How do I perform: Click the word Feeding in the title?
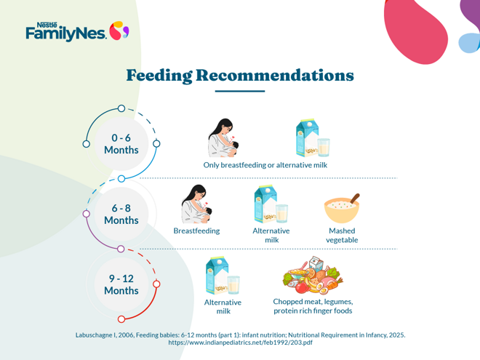pyautogui.click(x=159, y=75)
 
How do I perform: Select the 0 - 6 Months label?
pyautogui.click(x=121, y=143)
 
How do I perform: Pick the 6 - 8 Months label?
pyautogui.click(x=121, y=214)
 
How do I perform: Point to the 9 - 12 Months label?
pyautogui.click(x=121, y=284)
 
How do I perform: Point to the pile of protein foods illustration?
pyautogui.click(x=312, y=274)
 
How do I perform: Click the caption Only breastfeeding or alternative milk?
pyautogui.click(x=265, y=165)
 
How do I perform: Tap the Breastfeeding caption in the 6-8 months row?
pyautogui.click(x=196, y=231)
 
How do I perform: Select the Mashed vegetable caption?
pyautogui.click(x=342, y=235)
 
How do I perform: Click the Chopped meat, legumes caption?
pyautogui.click(x=313, y=301)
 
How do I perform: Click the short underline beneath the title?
pyautogui.click(x=240, y=92)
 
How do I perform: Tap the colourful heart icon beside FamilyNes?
pyautogui.click(x=119, y=31)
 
